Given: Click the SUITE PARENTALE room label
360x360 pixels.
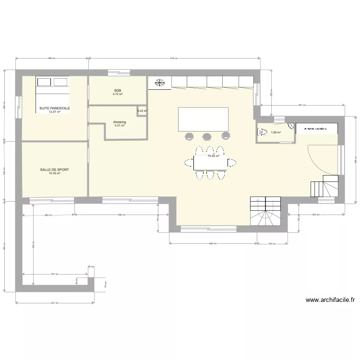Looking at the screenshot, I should tap(55, 108).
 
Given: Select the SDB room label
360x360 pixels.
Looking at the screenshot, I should tap(118, 91).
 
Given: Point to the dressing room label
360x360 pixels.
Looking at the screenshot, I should tap(120, 122).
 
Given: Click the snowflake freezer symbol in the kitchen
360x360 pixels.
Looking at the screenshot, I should tap(159, 83).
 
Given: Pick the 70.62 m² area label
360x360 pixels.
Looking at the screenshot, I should tap(213, 156).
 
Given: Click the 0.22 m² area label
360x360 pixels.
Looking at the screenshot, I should tap(142, 111).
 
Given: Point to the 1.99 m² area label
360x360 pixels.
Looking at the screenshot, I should tap(276, 133).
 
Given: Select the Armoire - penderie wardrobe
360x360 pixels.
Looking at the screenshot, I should tap(317, 129).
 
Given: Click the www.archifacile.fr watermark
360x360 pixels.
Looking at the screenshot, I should tap(330, 300).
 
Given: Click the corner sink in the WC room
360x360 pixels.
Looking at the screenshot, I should tap(290, 126).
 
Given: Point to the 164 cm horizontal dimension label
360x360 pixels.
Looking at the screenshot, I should tap(271, 244).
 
